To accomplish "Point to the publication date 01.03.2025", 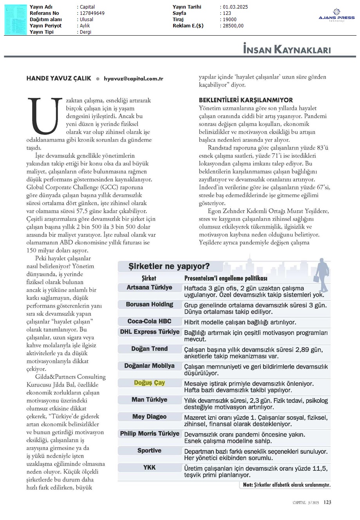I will click(235, 7).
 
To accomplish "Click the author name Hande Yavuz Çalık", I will click(59, 78).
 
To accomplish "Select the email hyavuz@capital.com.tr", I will click(133, 78).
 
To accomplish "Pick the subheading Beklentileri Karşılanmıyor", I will click(246, 100).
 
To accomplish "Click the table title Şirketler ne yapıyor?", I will click(169, 266).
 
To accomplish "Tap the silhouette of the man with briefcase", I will click(322, 270).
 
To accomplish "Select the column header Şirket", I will click(149, 278).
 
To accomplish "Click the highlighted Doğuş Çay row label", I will click(149, 383).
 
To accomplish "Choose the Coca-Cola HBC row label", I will click(149, 321).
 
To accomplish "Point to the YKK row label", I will click(149, 467).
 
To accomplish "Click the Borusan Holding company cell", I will click(149, 304).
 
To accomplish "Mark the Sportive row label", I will click(149, 450).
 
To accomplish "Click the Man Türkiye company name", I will click(149, 399).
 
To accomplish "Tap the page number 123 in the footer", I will click(327, 502).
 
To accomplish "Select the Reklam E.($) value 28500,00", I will click(233, 26).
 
